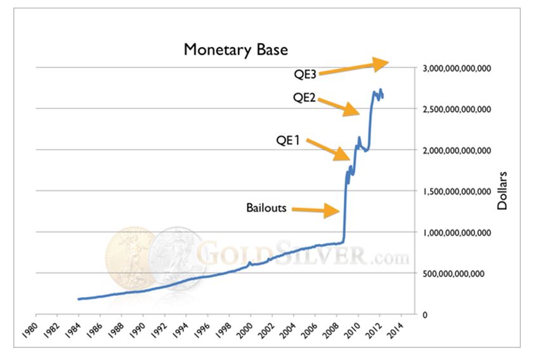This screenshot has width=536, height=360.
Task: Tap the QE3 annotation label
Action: (304, 72)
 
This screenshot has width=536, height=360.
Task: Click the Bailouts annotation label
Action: (266, 207)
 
